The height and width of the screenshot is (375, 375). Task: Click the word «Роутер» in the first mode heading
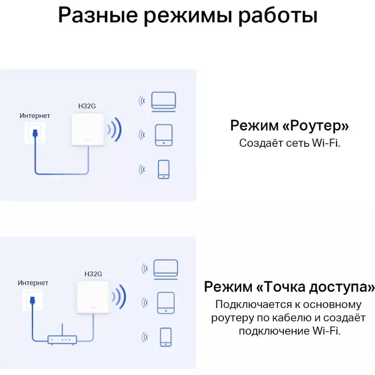coord(316,125)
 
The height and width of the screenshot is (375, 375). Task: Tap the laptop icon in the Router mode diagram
coord(163,102)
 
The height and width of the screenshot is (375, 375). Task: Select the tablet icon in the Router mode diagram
coord(164,135)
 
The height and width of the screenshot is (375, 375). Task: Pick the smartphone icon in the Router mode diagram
coord(164,169)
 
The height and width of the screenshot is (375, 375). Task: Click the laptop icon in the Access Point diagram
coord(166,269)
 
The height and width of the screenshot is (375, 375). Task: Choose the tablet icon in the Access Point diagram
coord(166,303)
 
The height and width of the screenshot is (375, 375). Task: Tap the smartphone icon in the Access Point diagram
coord(166,337)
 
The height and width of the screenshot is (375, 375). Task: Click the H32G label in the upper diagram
coord(87,106)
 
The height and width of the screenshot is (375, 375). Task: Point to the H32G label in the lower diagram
coord(93,274)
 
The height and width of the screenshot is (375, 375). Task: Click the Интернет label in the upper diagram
coord(35,116)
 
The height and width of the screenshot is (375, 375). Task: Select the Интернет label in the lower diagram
coord(33,283)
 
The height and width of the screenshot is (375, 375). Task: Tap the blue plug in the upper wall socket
coord(35,133)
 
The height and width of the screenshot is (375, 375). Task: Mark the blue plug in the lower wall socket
coord(33,300)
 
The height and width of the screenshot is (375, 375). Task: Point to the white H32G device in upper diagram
coord(88,130)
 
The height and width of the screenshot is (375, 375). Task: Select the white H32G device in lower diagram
coord(93,297)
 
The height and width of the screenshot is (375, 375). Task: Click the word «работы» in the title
coord(278,16)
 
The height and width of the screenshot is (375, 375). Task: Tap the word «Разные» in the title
coord(98,15)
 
